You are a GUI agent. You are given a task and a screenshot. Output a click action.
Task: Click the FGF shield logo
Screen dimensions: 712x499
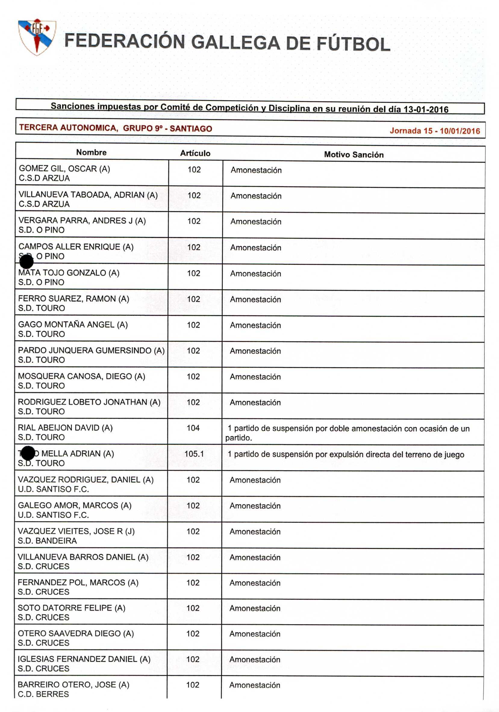[37, 37]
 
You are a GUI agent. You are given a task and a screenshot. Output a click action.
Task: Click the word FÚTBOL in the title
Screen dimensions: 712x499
[353, 44]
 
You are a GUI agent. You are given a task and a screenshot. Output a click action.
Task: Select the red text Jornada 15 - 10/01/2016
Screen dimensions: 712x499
[435, 131]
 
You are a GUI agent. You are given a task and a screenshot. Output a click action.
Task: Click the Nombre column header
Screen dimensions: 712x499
[91, 152]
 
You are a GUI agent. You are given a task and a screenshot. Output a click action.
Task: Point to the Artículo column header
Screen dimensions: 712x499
[195, 153]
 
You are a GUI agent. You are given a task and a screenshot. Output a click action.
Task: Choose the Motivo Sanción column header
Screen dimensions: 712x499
[354, 155]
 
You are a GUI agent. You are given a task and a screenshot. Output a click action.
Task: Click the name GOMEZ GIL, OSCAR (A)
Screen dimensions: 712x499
[64, 169]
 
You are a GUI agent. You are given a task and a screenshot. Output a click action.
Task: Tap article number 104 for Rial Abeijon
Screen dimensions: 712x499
[193, 428]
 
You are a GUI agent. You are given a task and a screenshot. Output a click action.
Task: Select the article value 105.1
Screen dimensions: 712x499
[194, 454]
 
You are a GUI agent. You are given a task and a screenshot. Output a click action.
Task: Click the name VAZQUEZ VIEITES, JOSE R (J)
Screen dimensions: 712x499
[76, 531]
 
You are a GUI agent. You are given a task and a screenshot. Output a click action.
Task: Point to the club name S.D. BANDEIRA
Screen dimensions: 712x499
[47, 541]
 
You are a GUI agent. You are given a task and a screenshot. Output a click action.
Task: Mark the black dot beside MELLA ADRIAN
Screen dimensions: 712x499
[28, 453]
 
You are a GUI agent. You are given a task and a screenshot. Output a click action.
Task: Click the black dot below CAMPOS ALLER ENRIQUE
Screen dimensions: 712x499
[27, 262]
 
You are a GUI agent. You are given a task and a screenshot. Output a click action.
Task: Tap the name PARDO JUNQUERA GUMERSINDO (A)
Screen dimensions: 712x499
[91, 350]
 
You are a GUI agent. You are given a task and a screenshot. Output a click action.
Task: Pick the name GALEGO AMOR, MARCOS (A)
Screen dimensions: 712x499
[74, 505]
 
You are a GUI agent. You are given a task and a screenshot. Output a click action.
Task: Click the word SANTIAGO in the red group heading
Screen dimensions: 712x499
[191, 129]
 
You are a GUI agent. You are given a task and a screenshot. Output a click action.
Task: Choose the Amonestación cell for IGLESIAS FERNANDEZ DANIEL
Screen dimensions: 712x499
[254, 660]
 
